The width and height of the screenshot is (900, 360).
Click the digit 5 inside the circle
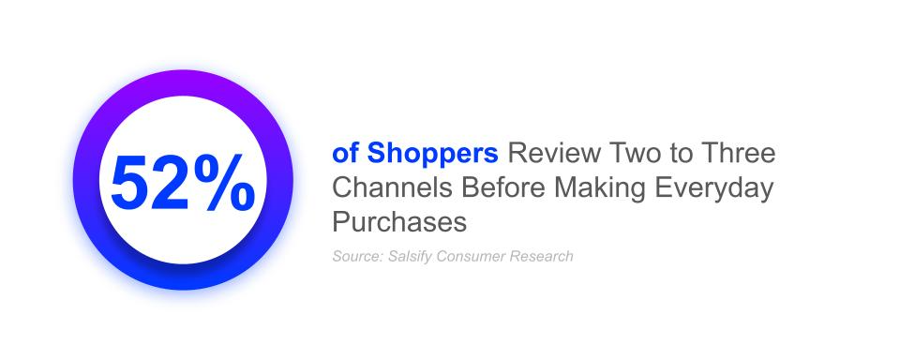pos(129,182)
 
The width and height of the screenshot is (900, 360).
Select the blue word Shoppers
pos(433,155)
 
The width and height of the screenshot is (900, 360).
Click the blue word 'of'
pos(346,154)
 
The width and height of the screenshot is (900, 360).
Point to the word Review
pos(554,154)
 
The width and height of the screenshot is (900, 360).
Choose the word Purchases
pos(399,221)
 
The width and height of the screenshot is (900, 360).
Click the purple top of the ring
pos(183,83)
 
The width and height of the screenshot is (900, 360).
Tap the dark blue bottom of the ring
pos(183,277)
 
